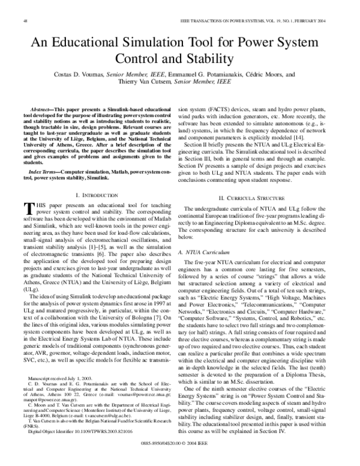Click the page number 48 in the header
click(x=25, y=20)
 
